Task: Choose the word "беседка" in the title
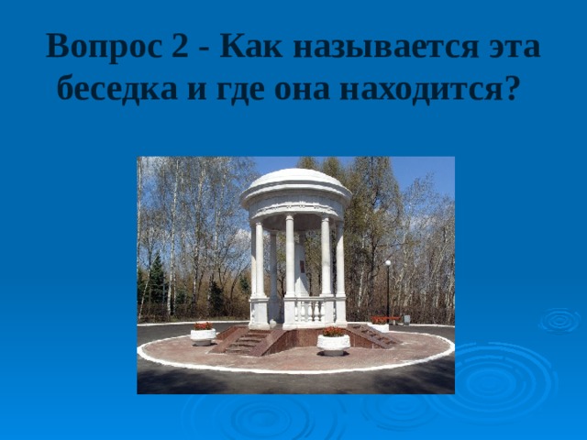pyautogui.click(x=113, y=90)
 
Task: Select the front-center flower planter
pyautogui.click(x=333, y=341)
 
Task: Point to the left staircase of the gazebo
pyautogui.click(x=242, y=342)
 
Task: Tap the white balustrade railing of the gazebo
pyautogui.click(x=309, y=309)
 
